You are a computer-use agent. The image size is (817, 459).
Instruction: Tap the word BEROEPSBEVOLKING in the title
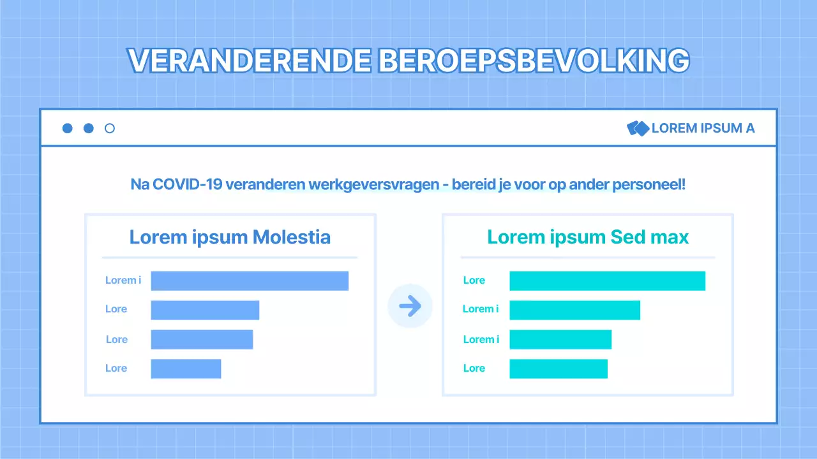[x=534, y=61]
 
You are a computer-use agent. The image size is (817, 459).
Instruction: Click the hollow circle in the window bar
[x=110, y=128]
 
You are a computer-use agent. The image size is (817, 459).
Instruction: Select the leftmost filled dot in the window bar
[x=68, y=128]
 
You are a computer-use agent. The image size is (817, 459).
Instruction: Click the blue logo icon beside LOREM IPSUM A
[x=638, y=128]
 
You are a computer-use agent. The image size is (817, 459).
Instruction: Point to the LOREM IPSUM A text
[x=703, y=128]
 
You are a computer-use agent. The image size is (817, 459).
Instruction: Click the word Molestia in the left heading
[x=292, y=237]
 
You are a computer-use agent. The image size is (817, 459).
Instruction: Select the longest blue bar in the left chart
[x=250, y=280]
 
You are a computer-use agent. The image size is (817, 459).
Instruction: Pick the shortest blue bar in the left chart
[x=186, y=368]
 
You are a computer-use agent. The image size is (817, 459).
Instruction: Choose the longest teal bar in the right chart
[x=607, y=280]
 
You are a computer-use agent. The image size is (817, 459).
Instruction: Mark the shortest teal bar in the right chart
[x=558, y=368]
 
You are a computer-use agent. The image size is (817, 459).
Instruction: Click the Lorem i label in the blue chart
[x=123, y=280]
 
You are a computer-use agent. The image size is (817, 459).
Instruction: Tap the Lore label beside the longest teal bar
[x=474, y=280]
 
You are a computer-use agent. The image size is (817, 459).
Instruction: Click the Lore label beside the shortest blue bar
[x=116, y=368]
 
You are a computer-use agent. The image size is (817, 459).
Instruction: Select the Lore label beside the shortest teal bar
[x=474, y=368]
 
